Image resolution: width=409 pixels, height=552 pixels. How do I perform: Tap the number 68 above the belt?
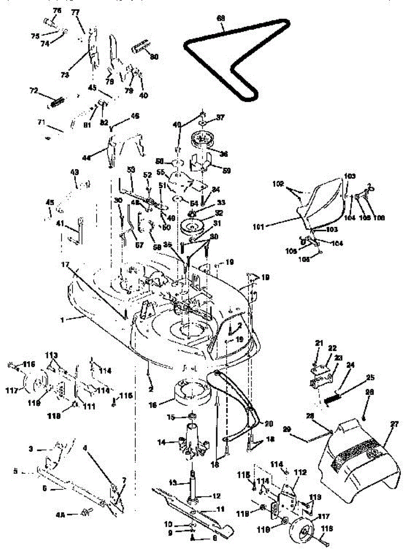tap(221, 18)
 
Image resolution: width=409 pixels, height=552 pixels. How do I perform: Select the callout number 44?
tap(85, 157)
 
